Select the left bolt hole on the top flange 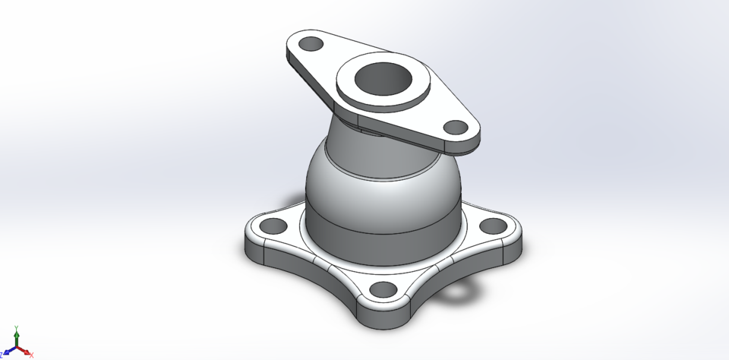click(x=310, y=43)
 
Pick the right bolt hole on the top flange click(x=454, y=127)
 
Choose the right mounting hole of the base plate click(x=493, y=226)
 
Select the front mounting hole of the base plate click(x=384, y=289)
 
